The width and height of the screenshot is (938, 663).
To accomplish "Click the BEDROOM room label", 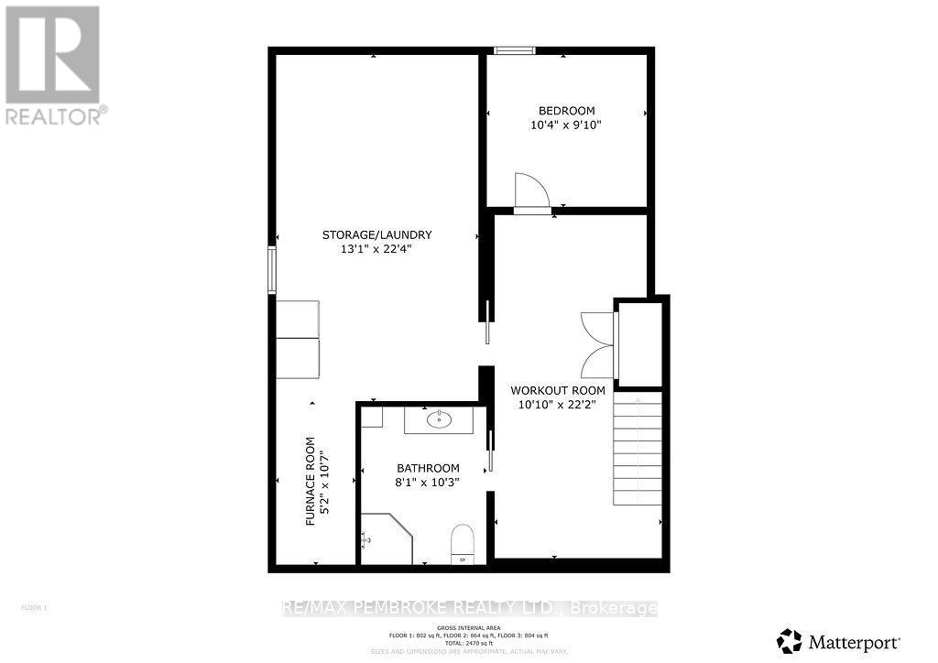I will (x=566, y=111).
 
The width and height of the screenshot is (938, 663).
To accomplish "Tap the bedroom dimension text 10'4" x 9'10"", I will (x=566, y=125).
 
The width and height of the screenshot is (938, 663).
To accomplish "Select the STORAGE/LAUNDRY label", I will (x=376, y=234).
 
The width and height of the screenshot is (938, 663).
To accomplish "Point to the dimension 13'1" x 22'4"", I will (x=376, y=249).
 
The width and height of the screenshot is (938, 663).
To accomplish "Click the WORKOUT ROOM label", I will (x=558, y=390).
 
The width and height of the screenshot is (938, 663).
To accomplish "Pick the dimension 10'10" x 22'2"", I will (x=558, y=405).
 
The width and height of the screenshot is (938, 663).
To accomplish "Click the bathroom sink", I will (x=440, y=419).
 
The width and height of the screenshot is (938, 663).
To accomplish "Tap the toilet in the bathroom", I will (x=463, y=542).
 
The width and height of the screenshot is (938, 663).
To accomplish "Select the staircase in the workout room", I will (x=637, y=449).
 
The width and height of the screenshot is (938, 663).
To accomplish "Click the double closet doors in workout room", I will (x=596, y=343).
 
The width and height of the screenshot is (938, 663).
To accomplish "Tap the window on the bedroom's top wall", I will (x=508, y=50).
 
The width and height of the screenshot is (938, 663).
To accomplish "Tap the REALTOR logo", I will (x=54, y=64).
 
